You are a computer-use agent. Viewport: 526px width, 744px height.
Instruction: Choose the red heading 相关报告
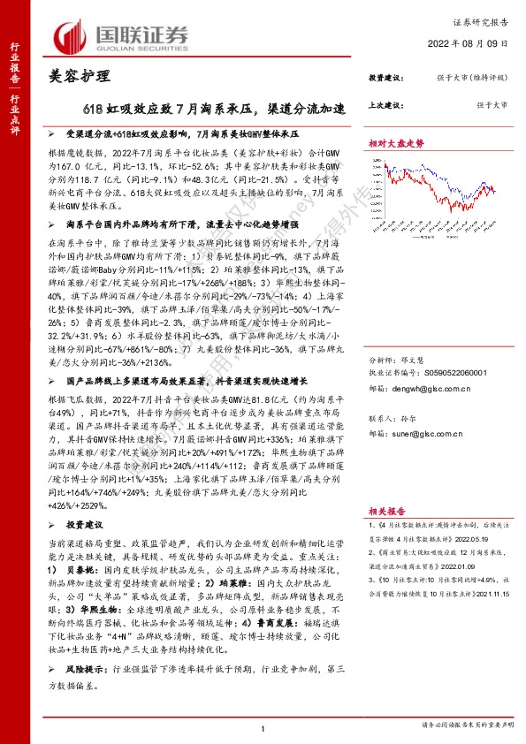coord(385,560)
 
